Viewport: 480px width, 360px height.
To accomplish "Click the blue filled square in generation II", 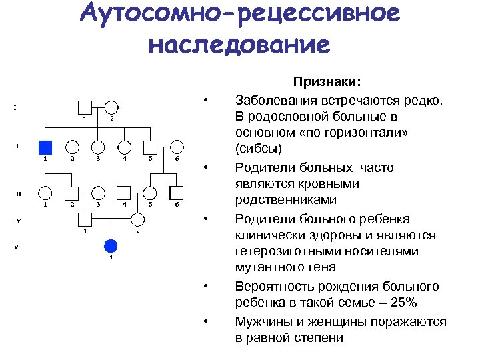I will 45,147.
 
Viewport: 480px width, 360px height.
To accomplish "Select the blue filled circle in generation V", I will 111,245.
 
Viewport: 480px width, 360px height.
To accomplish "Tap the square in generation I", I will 85,107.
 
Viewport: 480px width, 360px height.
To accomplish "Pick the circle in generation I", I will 111,107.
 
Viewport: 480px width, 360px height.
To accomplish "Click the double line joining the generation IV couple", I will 111,219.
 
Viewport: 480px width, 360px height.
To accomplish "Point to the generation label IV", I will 18,219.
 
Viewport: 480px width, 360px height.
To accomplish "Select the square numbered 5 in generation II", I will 151,147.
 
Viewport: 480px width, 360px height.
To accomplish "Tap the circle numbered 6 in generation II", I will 177,147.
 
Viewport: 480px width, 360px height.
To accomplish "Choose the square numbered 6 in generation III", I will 177,193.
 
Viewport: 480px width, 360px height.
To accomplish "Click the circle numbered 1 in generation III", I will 45,193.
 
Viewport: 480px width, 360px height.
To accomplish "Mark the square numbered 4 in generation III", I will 124,193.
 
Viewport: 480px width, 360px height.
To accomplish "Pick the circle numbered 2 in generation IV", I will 137,219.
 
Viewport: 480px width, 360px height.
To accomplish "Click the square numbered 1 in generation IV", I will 85,219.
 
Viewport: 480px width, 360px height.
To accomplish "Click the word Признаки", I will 327,81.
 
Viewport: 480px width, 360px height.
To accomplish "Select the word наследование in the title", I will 239,45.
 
